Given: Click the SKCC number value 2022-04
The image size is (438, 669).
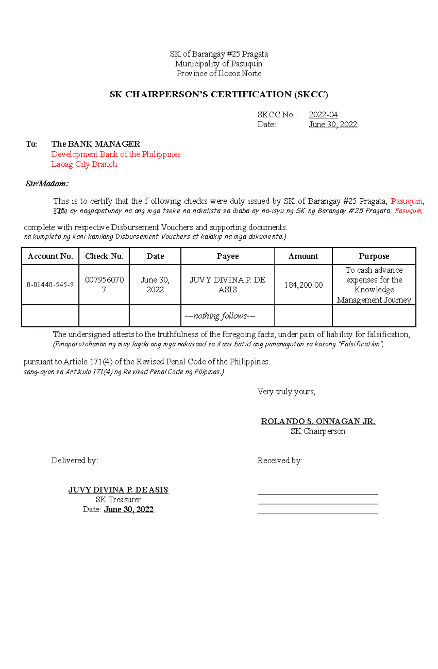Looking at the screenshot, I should [323, 115].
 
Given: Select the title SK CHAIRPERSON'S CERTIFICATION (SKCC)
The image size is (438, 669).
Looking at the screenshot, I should [219, 94].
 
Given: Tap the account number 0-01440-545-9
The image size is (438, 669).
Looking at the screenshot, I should [50, 285].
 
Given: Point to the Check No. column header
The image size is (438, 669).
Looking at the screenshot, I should [104, 256].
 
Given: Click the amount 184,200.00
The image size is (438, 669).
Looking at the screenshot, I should [303, 285].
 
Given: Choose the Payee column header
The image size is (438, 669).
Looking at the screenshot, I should [227, 256].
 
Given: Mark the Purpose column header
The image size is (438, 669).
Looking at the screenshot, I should [374, 256].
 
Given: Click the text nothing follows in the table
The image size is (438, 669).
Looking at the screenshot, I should [220, 316].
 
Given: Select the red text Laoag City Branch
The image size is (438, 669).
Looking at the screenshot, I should [84, 164].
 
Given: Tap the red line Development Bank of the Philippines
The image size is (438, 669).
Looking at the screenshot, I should [116, 154].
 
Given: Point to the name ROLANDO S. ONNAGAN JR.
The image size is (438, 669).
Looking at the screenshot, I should [318, 421].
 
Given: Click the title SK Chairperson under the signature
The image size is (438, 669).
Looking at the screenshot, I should [318, 431].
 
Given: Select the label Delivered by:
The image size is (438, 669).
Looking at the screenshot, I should [75, 460].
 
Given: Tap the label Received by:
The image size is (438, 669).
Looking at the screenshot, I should [280, 460].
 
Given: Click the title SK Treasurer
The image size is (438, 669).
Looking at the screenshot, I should [118, 499].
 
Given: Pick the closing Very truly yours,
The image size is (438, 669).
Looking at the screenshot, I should [286, 392].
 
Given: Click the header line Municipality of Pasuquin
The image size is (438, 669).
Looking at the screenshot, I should [219, 64].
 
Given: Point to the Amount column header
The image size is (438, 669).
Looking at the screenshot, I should [303, 256].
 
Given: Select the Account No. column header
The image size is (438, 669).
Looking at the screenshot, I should [50, 256].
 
